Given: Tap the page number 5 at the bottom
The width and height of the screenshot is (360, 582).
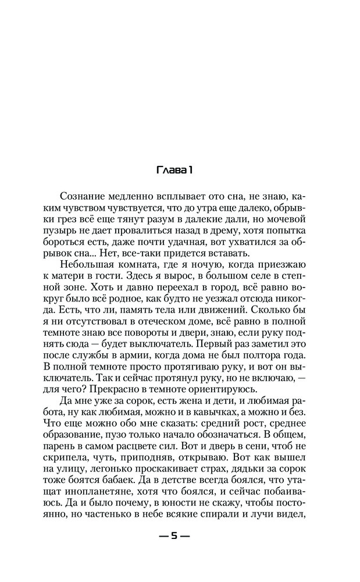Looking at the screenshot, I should pos(174,537).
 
